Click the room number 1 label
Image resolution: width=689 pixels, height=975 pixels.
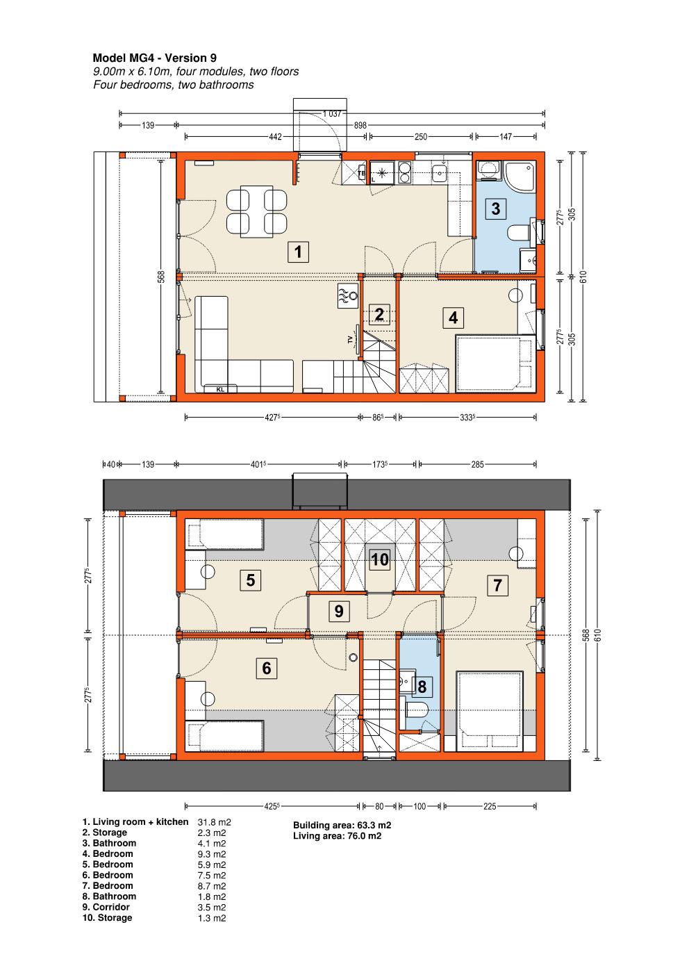pyautogui.click(x=298, y=252)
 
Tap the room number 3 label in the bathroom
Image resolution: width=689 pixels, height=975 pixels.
pyautogui.click(x=495, y=208)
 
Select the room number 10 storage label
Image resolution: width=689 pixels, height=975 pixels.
pyautogui.click(x=380, y=559)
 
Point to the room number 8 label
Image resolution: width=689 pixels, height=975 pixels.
pyautogui.click(x=422, y=687)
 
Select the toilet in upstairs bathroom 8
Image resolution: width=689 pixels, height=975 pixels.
pyautogui.click(x=417, y=711)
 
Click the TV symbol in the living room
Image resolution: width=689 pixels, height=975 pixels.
pyautogui.click(x=354, y=340)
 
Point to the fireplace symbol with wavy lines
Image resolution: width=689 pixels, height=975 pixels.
pyautogui.click(x=348, y=296)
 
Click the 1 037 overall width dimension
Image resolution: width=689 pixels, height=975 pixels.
pyautogui.click(x=332, y=114)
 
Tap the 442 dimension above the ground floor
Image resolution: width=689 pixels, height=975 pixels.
pyautogui.click(x=275, y=137)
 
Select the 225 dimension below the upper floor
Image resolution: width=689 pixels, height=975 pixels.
pyautogui.click(x=490, y=806)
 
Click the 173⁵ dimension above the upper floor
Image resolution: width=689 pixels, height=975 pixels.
pyautogui.click(x=379, y=464)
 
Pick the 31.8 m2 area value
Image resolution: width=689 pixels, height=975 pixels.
pyautogui.click(x=215, y=822)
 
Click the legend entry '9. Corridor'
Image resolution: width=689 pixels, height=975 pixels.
pyautogui.click(x=106, y=907)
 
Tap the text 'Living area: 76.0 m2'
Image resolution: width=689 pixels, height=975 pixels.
pyautogui.click(x=337, y=836)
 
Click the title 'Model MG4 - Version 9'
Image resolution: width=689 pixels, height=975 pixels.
pyautogui.click(x=154, y=58)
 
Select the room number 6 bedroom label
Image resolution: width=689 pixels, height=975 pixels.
pyautogui.click(x=267, y=668)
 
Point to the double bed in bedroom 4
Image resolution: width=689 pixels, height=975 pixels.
pyautogui.click(x=495, y=363)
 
